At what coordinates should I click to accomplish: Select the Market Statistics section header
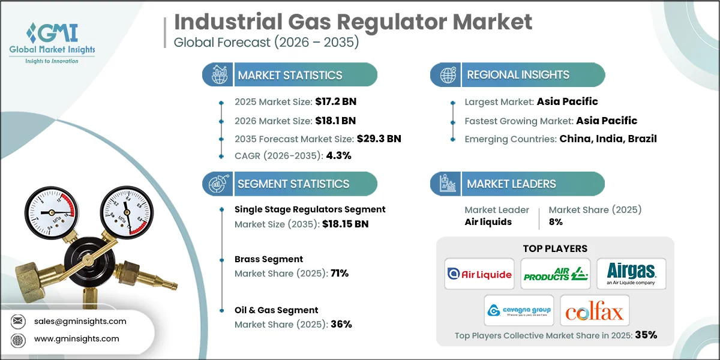pos(290,75)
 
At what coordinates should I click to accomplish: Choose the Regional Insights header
pos(518,75)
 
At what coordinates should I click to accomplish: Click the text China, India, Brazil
pos(608,139)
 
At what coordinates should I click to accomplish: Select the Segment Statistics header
pos(293,184)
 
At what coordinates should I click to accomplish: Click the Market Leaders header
pos(511,184)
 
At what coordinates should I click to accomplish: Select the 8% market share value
pos(556,221)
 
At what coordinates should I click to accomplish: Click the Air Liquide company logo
pos(480,274)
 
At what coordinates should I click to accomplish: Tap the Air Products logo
pos(555,274)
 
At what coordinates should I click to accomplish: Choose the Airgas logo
pos(631,274)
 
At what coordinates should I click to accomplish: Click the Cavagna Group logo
pos(518,311)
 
